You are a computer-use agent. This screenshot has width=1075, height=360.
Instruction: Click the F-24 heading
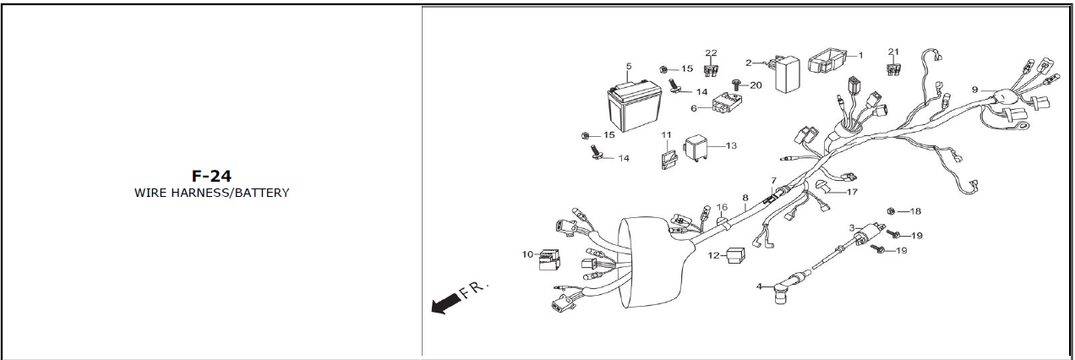(x=211, y=176)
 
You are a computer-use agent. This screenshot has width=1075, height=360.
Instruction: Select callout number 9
(x=974, y=90)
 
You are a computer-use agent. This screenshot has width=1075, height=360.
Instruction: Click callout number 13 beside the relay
(x=731, y=145)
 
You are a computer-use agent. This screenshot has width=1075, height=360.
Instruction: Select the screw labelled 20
(x=734, y=85)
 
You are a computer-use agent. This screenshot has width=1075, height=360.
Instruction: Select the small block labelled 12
(x=735, y=254)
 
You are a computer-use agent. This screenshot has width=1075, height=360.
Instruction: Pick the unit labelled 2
(x=788, y=74)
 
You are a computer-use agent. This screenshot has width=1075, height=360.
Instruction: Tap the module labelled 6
(x=724, y=105)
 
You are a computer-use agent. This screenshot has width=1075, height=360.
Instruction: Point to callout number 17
(x=851, y=192)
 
